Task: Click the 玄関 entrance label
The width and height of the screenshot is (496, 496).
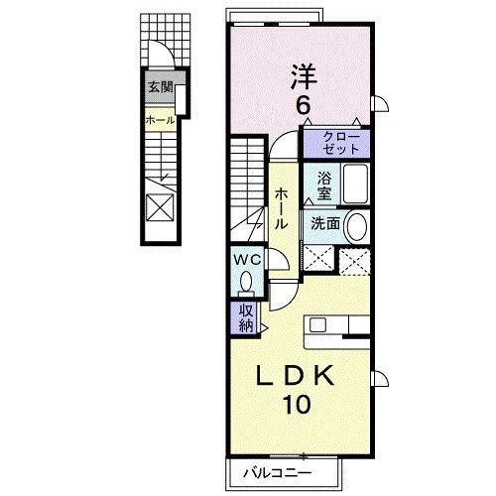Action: (x=161, y=87)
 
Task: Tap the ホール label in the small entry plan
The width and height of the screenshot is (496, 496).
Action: (x=161, y=120)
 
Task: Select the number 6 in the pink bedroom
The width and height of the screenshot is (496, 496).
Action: (x=304, y=106)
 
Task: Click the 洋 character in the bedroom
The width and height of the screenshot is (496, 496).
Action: (x=304, y=76)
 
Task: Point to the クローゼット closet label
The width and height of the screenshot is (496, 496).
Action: (x=341, y=144)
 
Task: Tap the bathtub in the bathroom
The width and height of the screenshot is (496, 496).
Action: (x=355, y=184)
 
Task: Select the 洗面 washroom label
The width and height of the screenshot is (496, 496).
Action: (x=325, y=224)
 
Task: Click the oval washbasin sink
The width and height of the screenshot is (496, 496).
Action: (x=356, y=226)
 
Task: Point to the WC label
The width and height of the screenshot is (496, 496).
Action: (x=247, y=260)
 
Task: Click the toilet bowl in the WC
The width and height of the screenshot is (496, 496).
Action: (x=246, y=282)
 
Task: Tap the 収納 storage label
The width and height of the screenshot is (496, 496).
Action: (x=246, y=318)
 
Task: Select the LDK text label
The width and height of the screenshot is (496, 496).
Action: (x=296, y=376)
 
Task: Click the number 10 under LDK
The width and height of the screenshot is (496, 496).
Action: (x=297, y=404)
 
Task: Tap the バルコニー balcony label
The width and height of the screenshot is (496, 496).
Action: (x=277, y=473)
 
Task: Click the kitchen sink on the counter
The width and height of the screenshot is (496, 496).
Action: (x=317, y=324)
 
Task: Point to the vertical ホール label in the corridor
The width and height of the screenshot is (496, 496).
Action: (x=281, y=208)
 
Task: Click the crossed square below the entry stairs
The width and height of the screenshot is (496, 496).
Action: (x=160, y=207)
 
